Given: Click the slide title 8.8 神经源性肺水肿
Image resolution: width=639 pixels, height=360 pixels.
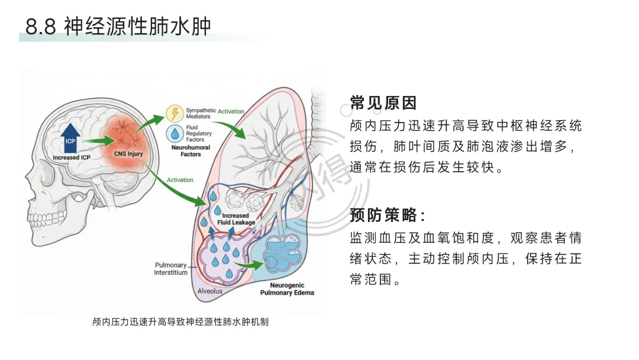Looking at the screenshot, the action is point(118,27).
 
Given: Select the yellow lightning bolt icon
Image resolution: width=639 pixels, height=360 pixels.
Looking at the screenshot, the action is point(174,113).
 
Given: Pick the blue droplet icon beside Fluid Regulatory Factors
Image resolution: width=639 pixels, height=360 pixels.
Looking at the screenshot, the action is point(175,133).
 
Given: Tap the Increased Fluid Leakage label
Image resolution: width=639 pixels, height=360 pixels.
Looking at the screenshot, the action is point(235,219).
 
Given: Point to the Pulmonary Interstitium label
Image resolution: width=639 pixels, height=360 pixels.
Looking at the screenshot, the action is point(170,269).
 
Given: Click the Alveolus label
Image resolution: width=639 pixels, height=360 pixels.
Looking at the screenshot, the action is point(209,291).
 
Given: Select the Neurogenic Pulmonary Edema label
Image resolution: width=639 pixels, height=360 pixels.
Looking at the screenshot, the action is point(288,289).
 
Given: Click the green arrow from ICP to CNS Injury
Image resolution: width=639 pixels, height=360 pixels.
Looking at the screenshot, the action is point(97,142).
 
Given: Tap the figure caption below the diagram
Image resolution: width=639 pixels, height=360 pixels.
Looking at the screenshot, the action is point(180,322).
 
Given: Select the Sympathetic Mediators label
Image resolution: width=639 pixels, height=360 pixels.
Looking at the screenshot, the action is point(201,114).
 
